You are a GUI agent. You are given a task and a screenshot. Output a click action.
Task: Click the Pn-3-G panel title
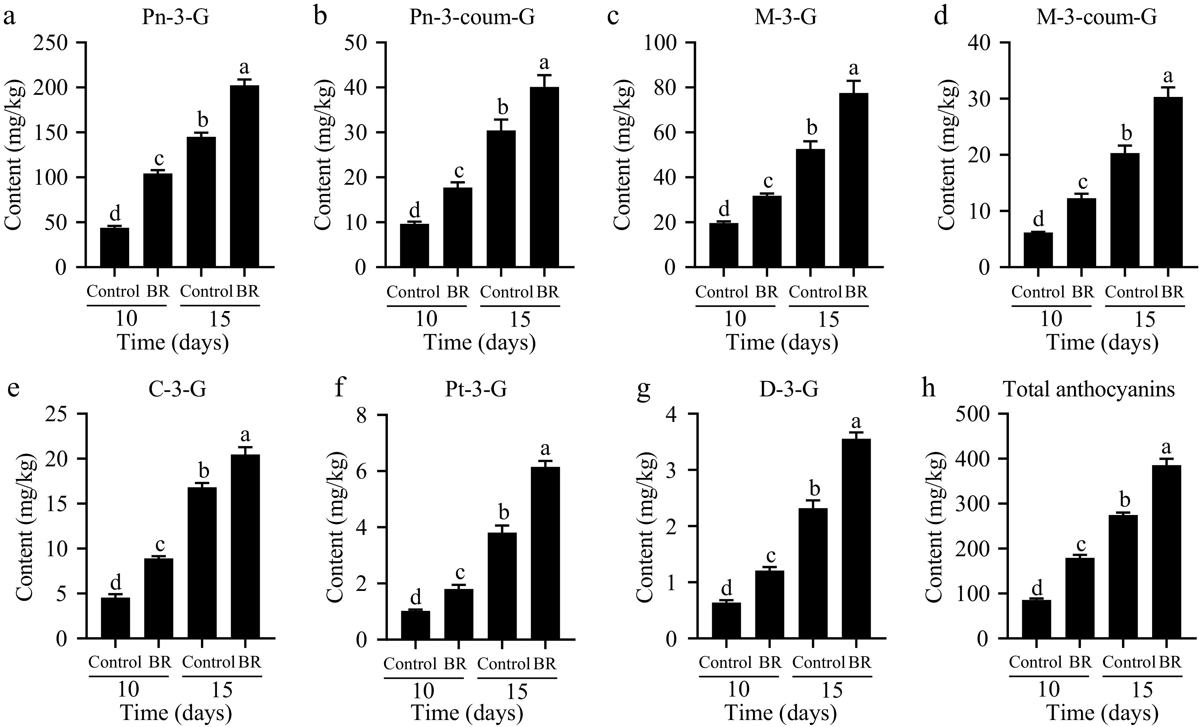[176, 17]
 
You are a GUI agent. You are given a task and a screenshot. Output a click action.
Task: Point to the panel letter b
[320, 16]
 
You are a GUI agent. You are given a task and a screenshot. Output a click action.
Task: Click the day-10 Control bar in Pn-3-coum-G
[414, 245]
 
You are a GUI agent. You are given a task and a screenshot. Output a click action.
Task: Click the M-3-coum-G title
[1096, 17]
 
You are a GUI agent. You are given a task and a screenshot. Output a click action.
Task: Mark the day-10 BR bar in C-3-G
[158, 598]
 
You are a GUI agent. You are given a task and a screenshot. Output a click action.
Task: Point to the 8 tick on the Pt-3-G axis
[362, 414]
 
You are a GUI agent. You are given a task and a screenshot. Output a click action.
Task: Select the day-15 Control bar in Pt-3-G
[502, 586]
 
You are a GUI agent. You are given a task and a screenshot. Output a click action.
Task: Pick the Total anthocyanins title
[1089, 389]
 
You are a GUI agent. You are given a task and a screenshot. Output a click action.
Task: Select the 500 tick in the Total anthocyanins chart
[973, 414]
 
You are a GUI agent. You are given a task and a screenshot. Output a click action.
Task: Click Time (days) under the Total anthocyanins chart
[1102, 713]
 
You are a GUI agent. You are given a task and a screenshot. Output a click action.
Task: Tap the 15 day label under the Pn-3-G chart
[220, 319]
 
